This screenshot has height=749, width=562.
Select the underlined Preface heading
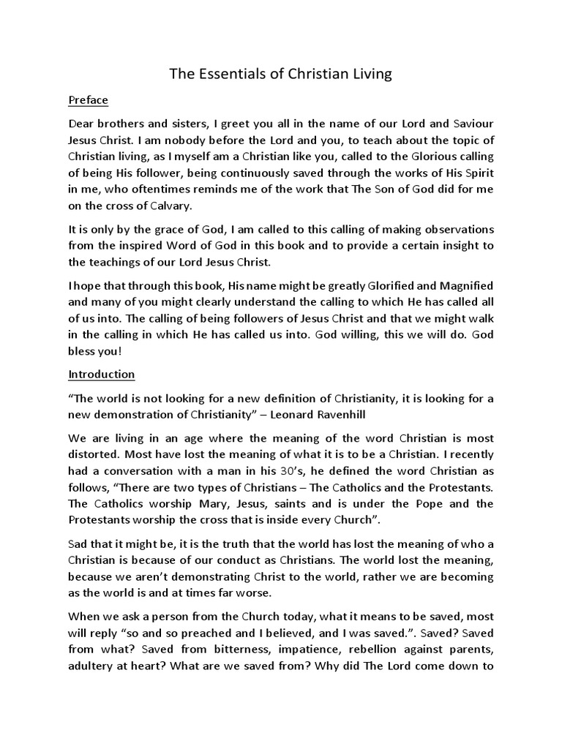89,100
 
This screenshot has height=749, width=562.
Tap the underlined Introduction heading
102,374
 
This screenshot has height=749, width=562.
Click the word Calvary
168,206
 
